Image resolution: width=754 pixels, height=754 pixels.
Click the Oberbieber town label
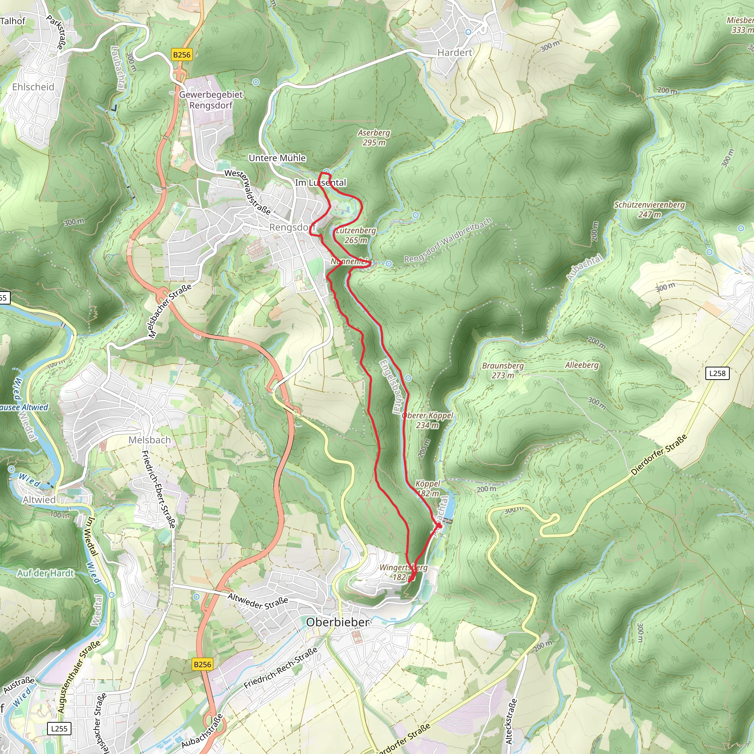click(x=338, y=622)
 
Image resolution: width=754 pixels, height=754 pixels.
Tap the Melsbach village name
click(x=149, y=440)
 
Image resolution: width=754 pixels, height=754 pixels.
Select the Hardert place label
click(x=454, y=52)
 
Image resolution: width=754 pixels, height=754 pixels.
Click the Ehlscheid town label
click(x=33, y=87)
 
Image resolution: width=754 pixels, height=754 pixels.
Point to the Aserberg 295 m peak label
click(x=374, y=137)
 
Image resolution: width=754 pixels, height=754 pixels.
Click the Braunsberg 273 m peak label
click(x=503, y=370)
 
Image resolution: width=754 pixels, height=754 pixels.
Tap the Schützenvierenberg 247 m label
click(x=649, y=209)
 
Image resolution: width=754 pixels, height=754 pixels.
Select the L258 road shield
click(x=717, y=373)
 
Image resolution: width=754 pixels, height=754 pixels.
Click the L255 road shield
click(x=59, y=728)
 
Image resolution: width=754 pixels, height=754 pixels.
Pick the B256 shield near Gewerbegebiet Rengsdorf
click(x=182, y=54)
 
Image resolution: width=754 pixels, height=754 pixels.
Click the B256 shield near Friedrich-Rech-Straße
click(x=202, y=664)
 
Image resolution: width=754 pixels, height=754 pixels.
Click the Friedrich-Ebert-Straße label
click(x=158, y=489)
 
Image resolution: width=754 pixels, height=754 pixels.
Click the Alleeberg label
click(x=581, y=365)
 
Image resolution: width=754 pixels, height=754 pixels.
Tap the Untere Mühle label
click(x=277, y=158)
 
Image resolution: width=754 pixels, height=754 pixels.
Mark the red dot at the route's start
click(x=440, y=525)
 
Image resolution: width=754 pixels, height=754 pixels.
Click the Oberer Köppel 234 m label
click(x=427, y=420)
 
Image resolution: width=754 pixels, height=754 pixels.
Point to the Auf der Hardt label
click(x=46, y=573)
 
